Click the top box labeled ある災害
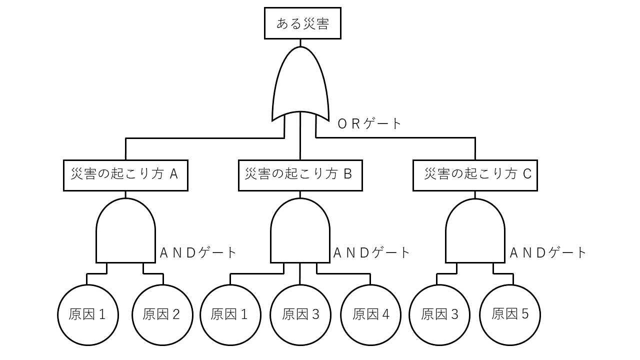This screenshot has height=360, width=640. click(302, 23)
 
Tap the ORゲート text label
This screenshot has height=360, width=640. click(370, 123)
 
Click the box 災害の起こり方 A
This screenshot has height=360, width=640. click(125, 175)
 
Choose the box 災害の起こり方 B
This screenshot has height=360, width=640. click(300, 175)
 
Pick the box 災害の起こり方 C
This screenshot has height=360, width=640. click(475, 175)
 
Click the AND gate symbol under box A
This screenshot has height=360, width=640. click(125, 231)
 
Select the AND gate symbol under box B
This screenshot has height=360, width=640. click(300, 231)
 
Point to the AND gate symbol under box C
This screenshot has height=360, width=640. click(475, 231)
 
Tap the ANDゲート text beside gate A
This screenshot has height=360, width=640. click(197, 252)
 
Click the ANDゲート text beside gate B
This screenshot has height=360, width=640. click(371, 252)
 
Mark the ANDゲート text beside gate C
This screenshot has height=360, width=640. click(548, 252)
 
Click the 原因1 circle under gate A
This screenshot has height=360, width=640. click(88, 314)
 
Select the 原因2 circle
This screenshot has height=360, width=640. click(162, 314)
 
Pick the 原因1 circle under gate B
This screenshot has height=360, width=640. click(230, 314)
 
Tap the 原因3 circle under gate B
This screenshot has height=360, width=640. click(300, 314)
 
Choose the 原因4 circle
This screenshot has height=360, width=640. click(370, 314)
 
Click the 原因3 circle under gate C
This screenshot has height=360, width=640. click(439, 314)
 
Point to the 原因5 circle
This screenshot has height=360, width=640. click(510, 314)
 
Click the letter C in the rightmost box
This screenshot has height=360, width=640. click(527, 174)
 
